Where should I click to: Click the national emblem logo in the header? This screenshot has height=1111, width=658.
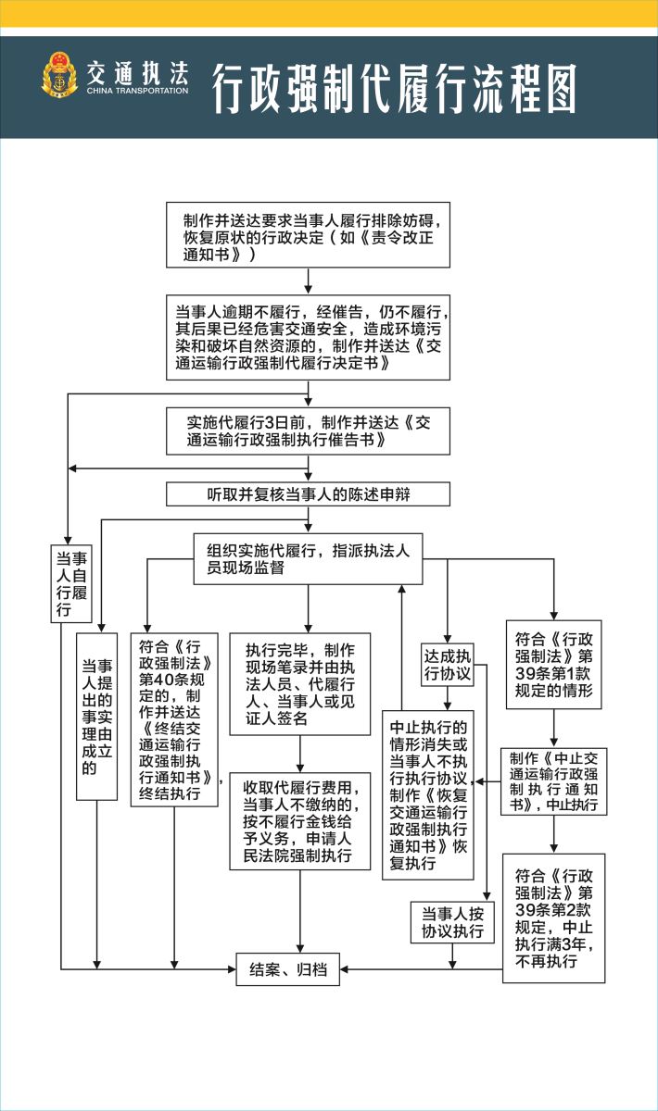[x=60, y=76]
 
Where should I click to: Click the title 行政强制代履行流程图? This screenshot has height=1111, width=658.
[x=395, y=88]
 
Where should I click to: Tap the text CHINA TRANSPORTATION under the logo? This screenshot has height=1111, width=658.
[x=137, y=92]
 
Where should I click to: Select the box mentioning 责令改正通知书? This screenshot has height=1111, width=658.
[x=308, y=235]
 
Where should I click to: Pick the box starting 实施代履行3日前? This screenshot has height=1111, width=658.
[x=308, y=432]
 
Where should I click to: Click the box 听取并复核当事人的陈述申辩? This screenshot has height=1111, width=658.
[x=308, y=493]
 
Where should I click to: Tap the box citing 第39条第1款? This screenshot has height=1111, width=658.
[x=553, y=664]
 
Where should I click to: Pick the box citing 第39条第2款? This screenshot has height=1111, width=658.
[x=553, y=918]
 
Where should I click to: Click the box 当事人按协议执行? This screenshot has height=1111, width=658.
[x=452, y=922]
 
